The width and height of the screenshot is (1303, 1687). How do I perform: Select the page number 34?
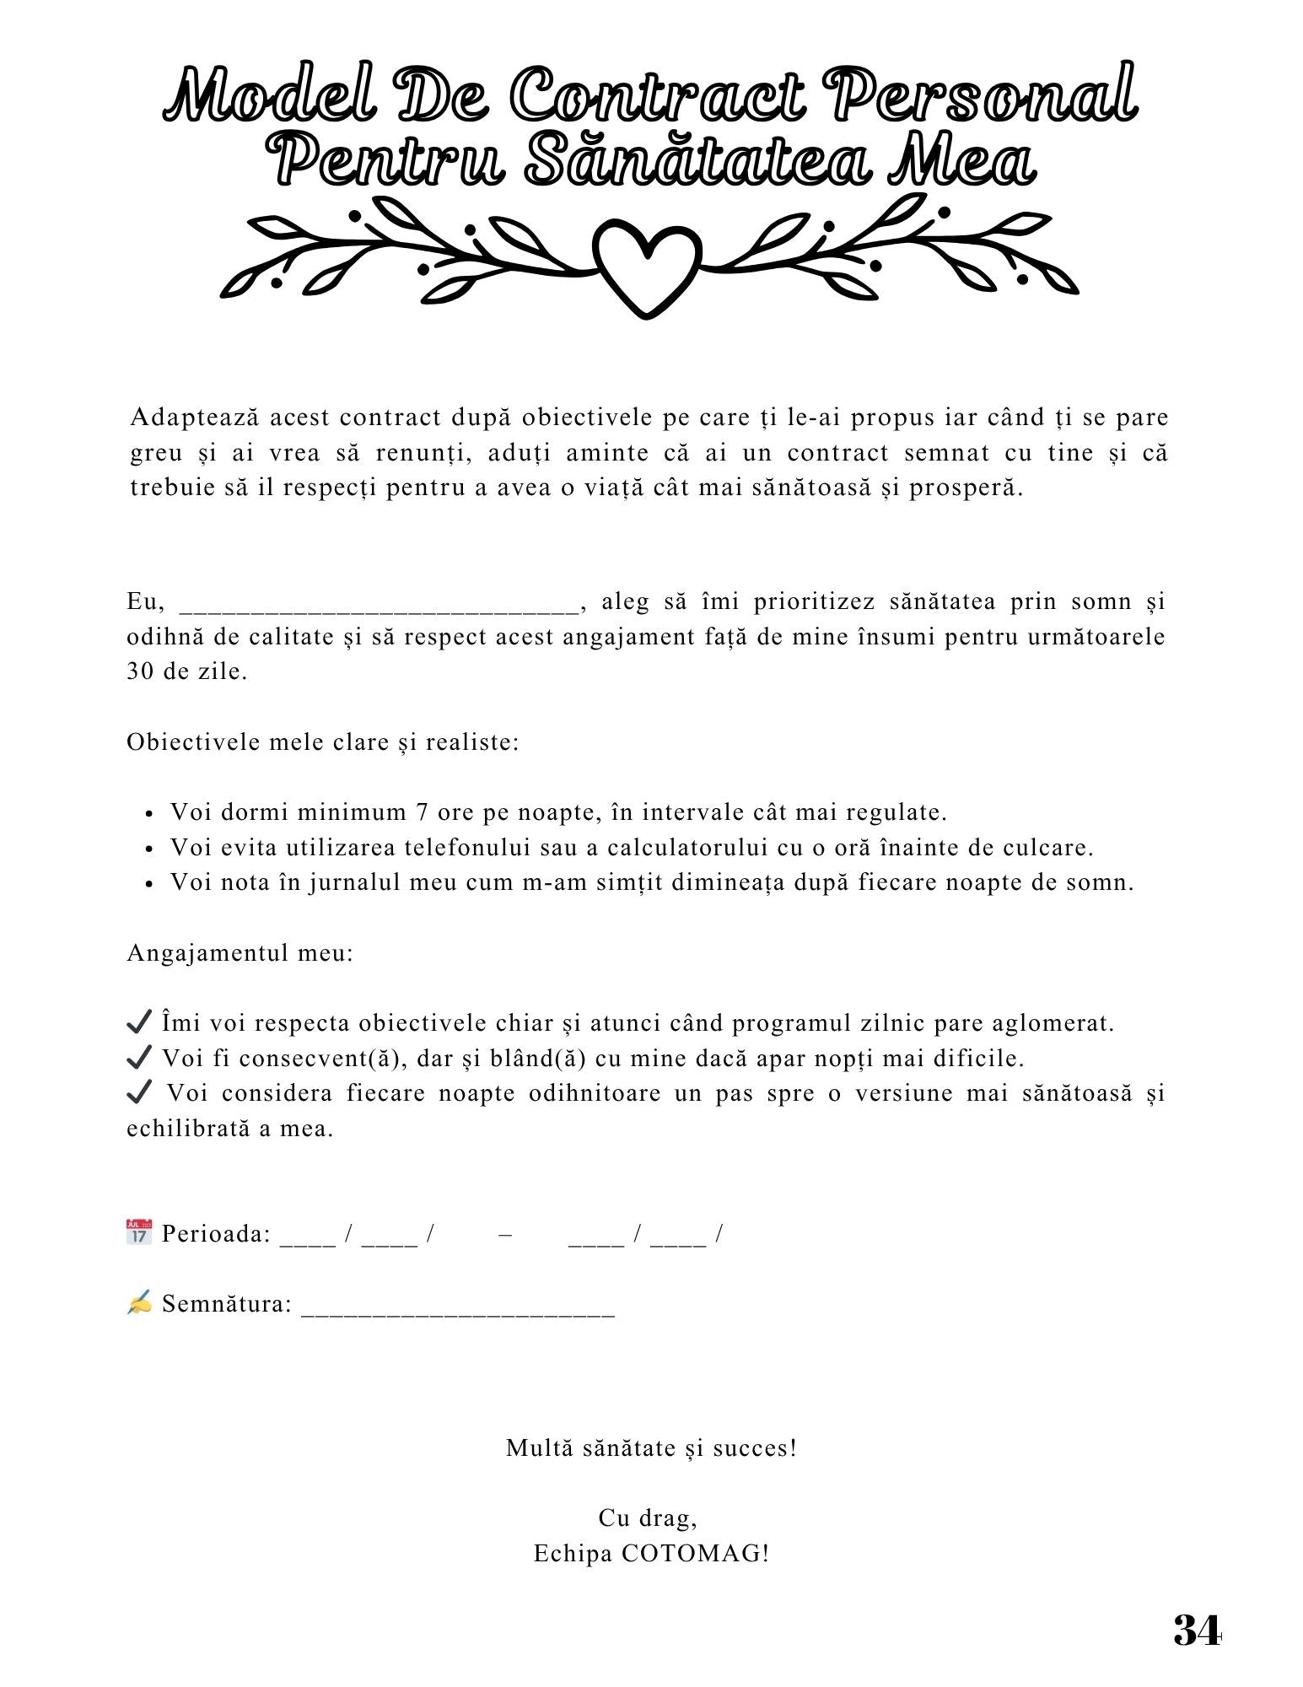[1196, 1630]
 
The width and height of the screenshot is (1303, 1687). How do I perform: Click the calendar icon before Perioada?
[139, 1232]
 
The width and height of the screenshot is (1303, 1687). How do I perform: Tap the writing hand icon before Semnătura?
[139, 1302]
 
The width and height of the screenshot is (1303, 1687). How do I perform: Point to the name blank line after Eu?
[379, 605]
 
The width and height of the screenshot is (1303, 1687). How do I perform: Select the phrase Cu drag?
[647, 1518]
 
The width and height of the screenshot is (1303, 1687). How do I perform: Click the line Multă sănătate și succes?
[651, 1448]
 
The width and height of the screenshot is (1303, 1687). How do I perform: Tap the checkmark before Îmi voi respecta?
[138, 1021]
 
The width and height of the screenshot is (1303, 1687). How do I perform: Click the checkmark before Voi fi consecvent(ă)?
[138, 1057]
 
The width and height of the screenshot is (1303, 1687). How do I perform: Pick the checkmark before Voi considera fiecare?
[138, 1092]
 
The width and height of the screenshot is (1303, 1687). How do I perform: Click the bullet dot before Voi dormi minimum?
[149, 815]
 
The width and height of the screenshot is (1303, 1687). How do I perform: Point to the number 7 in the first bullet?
[422, 812]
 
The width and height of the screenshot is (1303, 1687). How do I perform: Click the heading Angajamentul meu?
[240, 953]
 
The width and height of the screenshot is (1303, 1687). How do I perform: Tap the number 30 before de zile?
[139, 672]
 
